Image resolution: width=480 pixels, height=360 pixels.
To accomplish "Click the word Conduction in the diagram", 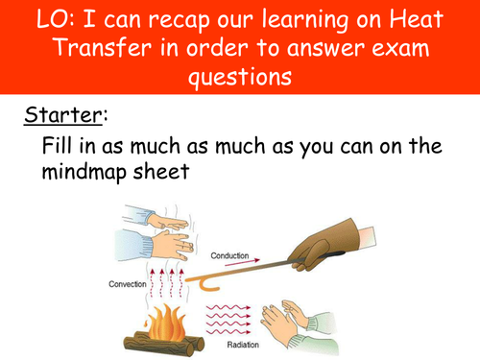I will pyautogui.click(x=229, y=256).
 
